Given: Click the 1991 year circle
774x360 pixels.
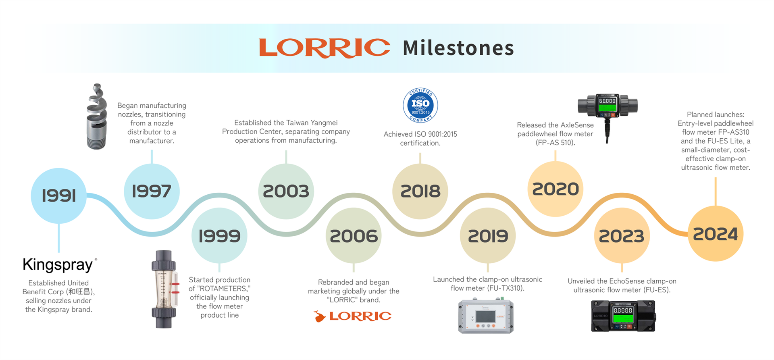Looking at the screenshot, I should click(x=59, y=196).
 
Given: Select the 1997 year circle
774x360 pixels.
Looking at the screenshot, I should click(x=152, y=191).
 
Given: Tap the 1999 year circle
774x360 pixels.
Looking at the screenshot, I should click(x=219, y=235).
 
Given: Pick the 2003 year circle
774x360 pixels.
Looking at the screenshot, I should click(x=286, y=191).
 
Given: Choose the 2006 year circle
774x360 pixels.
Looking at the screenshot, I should click(x=354, y=236).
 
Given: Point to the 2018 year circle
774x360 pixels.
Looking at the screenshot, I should click(x=420, y=191).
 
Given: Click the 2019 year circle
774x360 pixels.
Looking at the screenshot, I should click(x=488, y=236).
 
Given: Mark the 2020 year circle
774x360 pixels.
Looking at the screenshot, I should click(x=555, y=189).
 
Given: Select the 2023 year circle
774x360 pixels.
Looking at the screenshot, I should click(x=622, y=236).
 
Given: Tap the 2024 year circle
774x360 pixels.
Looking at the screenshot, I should click(x=715, y=234).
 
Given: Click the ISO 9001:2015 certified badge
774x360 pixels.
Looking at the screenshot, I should click(x=420, y=105).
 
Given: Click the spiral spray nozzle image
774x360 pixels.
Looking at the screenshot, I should click(x=97, y=117).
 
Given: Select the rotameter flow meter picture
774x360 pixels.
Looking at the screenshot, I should click(x=164, y=289).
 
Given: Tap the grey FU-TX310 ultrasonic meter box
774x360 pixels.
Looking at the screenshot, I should click(x=486, y=316).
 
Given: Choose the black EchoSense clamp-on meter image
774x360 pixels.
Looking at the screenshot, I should click(x=623, y=317).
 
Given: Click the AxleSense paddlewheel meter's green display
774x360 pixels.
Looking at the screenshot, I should click(x=607, y=108).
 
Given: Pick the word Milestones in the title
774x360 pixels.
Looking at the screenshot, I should click(x=458, y=48).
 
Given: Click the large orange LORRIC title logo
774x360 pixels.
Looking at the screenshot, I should click(x=325, y=48).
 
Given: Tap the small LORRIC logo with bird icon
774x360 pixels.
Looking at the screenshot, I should click(x=352, y=316).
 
